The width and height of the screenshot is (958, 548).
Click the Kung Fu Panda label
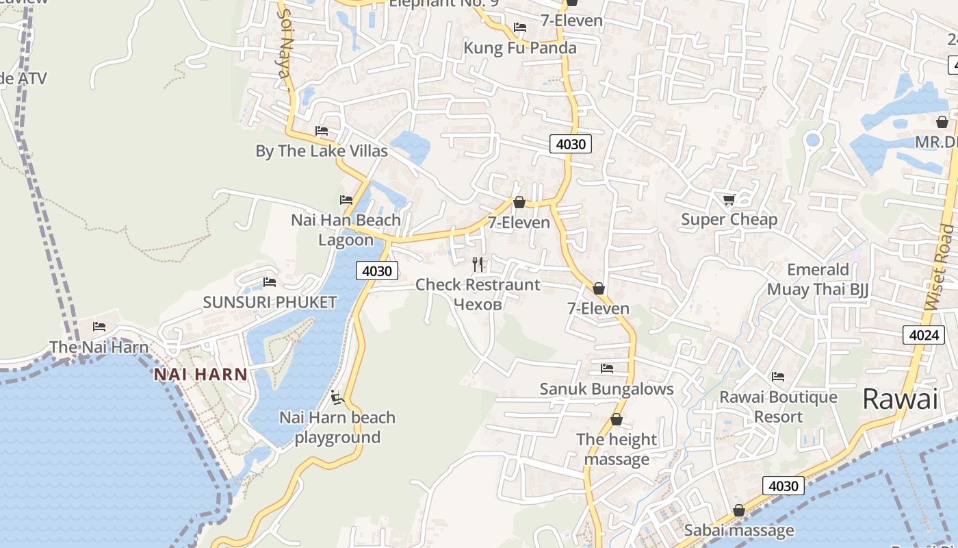(520, 48)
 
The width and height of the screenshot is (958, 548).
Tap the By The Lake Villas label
(322, 151)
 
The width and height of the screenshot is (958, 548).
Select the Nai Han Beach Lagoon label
(346, 230)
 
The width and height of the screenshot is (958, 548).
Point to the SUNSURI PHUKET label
(270, 302)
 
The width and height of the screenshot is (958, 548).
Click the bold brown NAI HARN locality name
(200, 375)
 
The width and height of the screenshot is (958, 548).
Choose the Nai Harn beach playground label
(337, 427)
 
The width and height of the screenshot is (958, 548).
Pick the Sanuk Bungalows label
(606, 389)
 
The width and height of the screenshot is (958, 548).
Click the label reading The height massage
(617, 449)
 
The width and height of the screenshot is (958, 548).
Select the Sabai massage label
(739, 530)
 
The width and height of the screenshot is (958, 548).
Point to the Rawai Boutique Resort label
(778, 407)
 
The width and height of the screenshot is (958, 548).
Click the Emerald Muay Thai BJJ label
(818, 279)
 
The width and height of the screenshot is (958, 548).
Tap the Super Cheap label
(729, 220)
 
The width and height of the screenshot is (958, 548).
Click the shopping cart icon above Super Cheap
(729, 199)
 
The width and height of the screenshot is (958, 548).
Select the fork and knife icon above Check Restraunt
(478, 264)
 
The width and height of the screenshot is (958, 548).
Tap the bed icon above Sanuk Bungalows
(606, 369)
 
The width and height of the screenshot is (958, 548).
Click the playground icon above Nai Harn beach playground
(336, 397)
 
